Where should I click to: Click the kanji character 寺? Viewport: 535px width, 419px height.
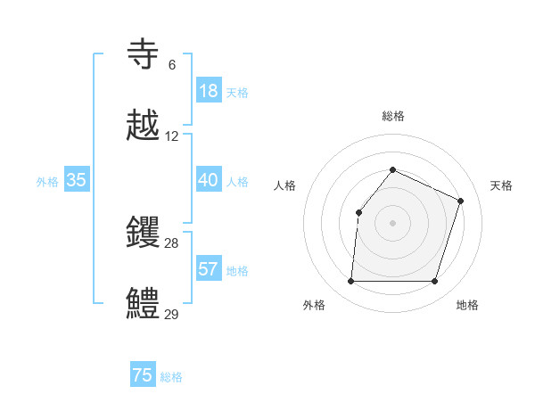(144, 55)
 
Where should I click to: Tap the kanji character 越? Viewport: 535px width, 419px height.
(144, 127)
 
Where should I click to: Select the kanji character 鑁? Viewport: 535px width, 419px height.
(144, 234)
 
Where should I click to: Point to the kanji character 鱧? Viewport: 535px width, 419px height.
(144, 304)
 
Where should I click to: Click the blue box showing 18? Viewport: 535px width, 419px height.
(209, 91)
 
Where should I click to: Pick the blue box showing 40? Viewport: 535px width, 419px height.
(209, 180)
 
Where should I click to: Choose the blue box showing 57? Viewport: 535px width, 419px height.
(209, 269)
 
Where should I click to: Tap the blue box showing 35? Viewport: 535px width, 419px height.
(77, 180)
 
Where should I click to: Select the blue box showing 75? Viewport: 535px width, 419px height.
(143, 375)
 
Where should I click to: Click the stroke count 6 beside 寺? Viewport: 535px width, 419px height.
(172, 65)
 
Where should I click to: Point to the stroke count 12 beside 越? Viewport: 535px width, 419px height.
(172, 136)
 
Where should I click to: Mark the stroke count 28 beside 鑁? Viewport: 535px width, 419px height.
(172, 243)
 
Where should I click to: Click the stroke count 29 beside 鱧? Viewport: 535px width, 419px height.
(172, 314)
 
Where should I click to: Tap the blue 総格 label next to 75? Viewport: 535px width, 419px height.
(171, 377)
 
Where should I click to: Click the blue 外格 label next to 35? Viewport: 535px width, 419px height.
(47, 182)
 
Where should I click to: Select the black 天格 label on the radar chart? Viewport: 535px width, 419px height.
(501, 185)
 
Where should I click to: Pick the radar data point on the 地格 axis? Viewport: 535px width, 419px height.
(435, 282)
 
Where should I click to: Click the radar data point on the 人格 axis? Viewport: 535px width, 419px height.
(358, 212)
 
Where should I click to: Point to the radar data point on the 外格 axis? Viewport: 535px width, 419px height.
(350, 282)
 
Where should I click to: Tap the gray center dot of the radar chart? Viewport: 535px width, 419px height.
(392, 223)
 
